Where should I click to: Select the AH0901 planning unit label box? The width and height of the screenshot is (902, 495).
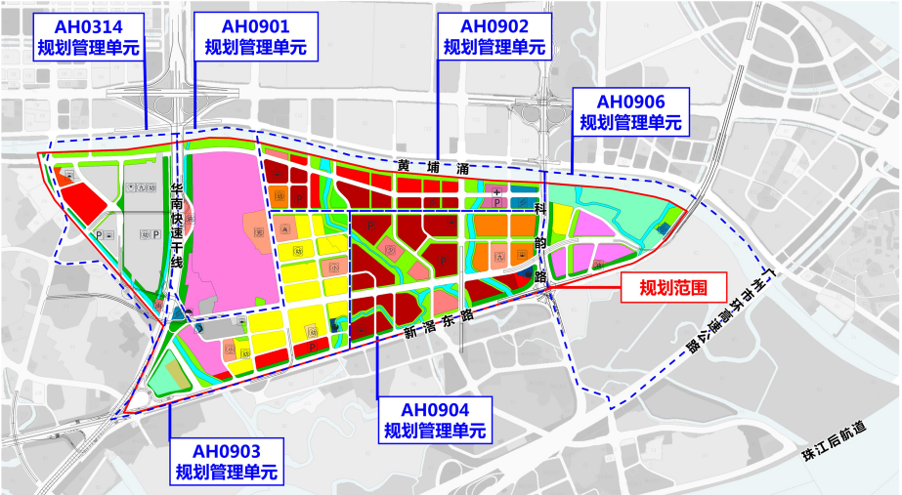point(255,36)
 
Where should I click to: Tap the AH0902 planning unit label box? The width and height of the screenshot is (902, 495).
point(494,36)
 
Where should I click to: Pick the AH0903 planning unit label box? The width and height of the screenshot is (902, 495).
point(226,462)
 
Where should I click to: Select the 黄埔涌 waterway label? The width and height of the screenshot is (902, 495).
point(429,167)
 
